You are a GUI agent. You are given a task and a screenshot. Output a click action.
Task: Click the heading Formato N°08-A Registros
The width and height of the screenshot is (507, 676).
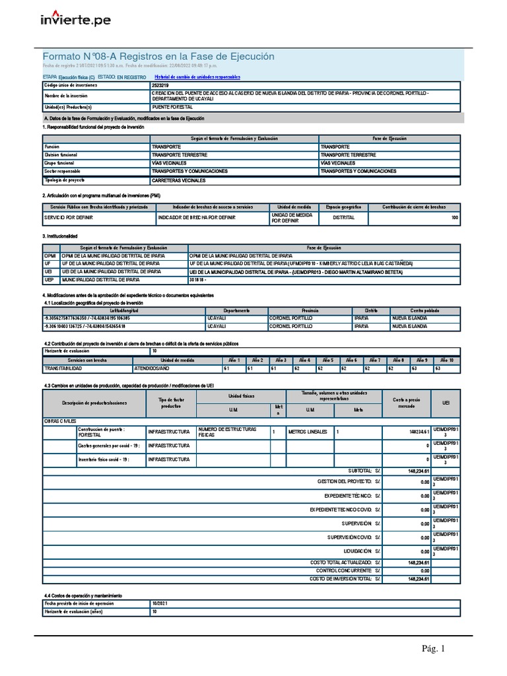pos(158,57)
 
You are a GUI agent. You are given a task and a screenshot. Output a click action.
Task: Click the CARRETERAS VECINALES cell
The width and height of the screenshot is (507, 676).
pos(179,180)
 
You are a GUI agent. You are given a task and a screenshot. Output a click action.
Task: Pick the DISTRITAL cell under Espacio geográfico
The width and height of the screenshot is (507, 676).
pos(343,217)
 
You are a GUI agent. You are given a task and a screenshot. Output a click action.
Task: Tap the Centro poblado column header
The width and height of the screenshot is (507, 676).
pos(425,310)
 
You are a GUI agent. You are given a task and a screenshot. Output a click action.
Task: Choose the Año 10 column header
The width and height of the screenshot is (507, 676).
pos(446,360)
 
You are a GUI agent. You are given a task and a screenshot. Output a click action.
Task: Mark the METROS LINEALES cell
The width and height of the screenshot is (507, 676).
pos(307,432)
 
